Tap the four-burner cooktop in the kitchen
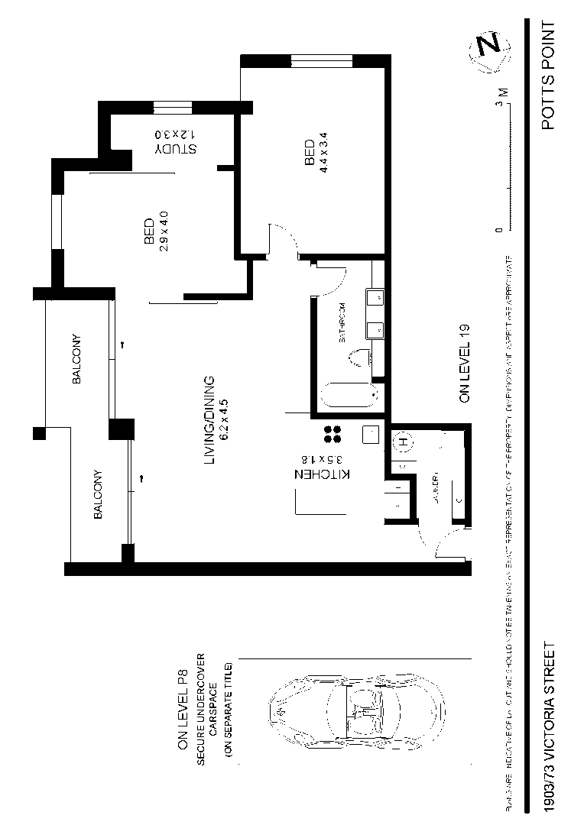click(333, 434)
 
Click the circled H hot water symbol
click(401, 442)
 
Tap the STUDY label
click(176, 149)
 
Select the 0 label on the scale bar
click(500, 229)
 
